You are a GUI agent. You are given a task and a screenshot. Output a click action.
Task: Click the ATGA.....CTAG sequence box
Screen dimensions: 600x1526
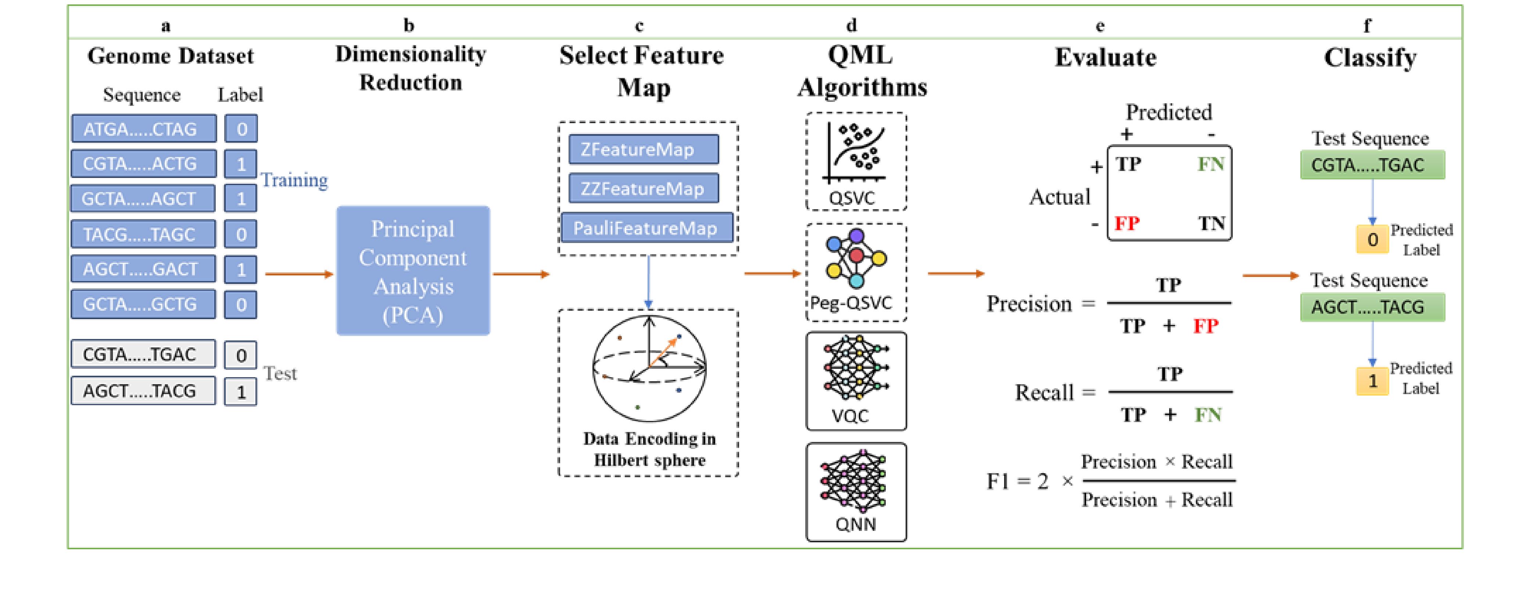tap(143, 129)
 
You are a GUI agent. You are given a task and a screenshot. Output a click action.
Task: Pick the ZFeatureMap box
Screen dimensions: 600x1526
tap(643, 149)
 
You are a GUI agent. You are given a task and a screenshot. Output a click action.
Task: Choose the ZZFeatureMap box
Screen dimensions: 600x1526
tap(643, 188)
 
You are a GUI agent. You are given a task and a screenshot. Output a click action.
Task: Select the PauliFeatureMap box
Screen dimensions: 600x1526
tap(646, 228)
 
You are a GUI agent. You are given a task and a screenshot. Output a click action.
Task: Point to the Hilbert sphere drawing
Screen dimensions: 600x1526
tap(649, 368)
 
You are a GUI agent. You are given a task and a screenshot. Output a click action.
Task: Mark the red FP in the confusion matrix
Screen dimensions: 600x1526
tap(1127, 223)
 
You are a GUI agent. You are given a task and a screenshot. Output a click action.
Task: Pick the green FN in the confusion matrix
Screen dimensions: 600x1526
tap(1210, 164)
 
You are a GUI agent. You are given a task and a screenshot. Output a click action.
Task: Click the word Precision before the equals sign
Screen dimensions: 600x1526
tap(1029, 304)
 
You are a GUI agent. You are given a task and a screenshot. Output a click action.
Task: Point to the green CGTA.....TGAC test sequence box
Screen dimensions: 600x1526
tap(1372, 165)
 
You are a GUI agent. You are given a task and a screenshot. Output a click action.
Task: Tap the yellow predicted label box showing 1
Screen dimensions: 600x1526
tap(1372, 381)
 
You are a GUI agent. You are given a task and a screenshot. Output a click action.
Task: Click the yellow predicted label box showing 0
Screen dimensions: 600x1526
tap(1372, 239)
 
